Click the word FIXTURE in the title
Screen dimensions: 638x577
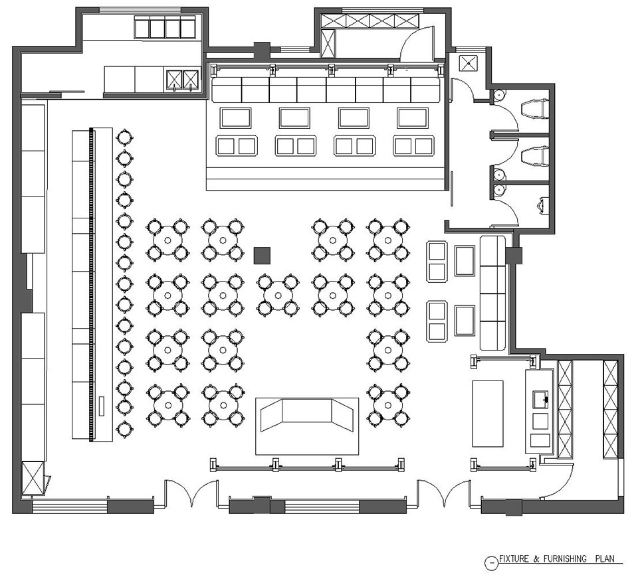[514, 558]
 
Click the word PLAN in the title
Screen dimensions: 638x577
[605, 558]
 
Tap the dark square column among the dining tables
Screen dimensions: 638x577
[262, 256]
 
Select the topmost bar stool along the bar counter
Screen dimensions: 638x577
[124, 137]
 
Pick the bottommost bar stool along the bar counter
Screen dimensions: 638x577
[124, 428]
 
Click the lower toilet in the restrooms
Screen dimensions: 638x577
[535, 156]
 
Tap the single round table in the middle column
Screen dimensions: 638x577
[278, 295]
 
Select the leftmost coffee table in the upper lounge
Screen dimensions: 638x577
[235, 118]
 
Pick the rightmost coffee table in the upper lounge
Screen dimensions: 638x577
[413, 118]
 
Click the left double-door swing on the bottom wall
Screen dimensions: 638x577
[191, 493]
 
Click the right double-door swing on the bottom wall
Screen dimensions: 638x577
[443, 493]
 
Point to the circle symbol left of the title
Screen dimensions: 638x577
[492, 563]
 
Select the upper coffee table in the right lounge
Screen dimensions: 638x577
[465, 261]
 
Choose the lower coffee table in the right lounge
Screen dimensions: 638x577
[465, 321]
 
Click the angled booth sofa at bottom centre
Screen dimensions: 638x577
[307, 415]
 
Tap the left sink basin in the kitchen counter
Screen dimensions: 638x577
[173, 80]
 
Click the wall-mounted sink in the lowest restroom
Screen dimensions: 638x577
[543, 205]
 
